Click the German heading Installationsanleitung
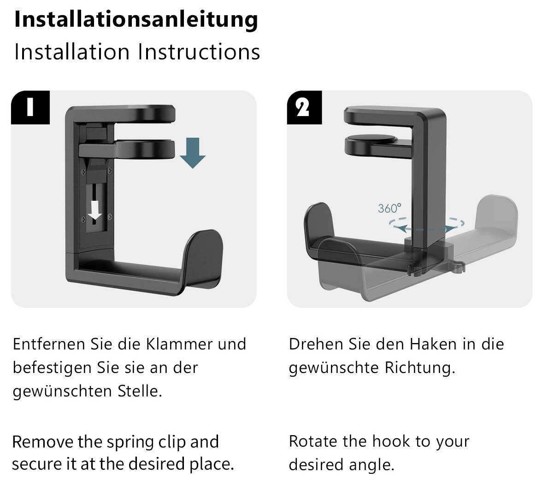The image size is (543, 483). coord(136,19)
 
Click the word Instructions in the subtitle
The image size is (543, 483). coord(199,52)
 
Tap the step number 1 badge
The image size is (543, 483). coord(30,107)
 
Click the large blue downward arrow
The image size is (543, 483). coord(192,153)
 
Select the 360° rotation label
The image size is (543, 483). coord(390,209)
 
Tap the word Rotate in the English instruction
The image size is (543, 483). coord(313,441)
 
